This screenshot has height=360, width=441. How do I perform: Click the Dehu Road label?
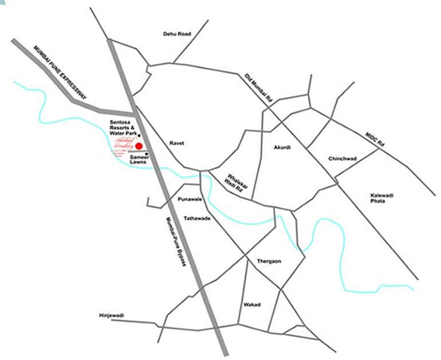177,34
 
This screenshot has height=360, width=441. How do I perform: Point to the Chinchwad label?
342,158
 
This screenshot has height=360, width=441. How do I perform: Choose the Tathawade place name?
197,218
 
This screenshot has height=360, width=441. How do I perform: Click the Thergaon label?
269,261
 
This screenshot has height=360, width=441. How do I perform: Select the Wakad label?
252,305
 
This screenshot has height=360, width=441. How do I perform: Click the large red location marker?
139,146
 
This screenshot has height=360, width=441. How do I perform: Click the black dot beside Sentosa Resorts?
140,135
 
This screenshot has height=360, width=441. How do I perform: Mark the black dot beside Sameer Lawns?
147,154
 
